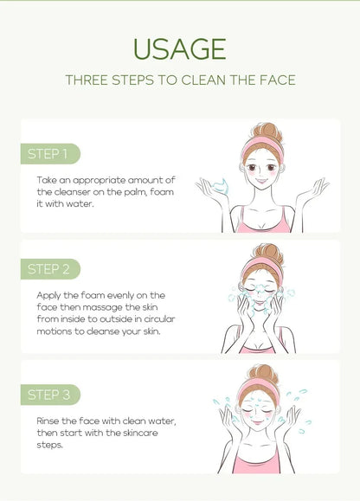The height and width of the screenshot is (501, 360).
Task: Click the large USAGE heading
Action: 180,48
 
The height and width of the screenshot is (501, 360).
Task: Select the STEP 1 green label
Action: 48,154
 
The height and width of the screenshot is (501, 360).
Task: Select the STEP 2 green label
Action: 48,268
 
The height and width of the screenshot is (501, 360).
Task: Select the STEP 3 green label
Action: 48,395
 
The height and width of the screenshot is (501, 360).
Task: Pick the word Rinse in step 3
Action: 50,421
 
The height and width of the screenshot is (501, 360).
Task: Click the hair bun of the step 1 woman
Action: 261,131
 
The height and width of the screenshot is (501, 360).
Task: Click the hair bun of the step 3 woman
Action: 261,374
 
